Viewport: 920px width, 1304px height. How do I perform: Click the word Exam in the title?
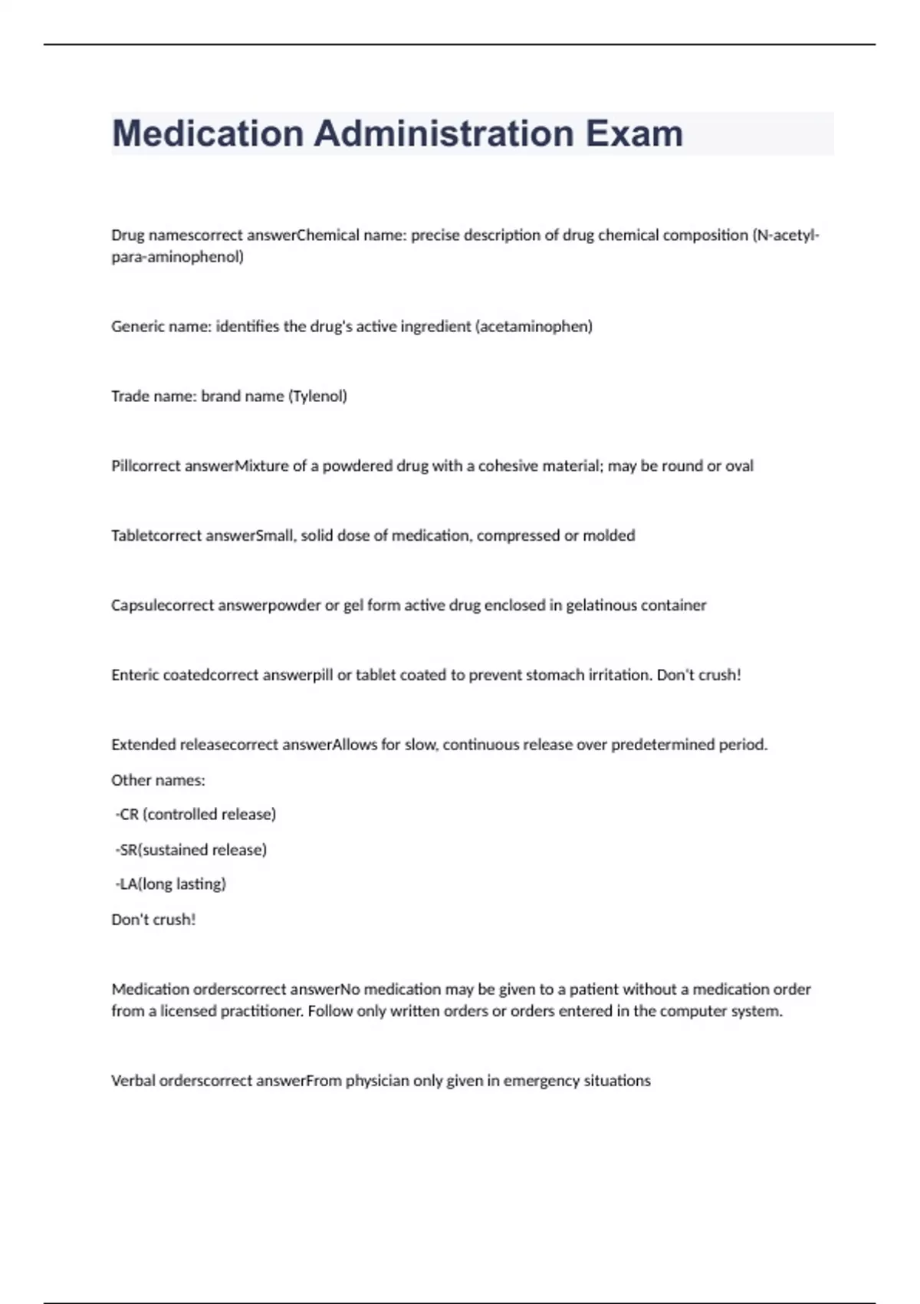pos(634,133)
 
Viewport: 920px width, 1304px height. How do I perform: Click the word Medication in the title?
pos(208,133)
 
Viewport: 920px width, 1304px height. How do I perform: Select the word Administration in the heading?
pos(444,133)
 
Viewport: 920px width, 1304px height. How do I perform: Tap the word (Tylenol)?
pos(317,396)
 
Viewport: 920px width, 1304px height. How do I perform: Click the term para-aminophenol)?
pos(177,256)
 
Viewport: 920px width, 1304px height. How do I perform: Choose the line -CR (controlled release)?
pos(195,814)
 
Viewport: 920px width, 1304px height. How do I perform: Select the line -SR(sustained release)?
pos(191,849)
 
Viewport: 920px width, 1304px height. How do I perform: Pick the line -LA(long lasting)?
pos(170,884)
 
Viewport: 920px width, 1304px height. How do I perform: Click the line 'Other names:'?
pos(158,780)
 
